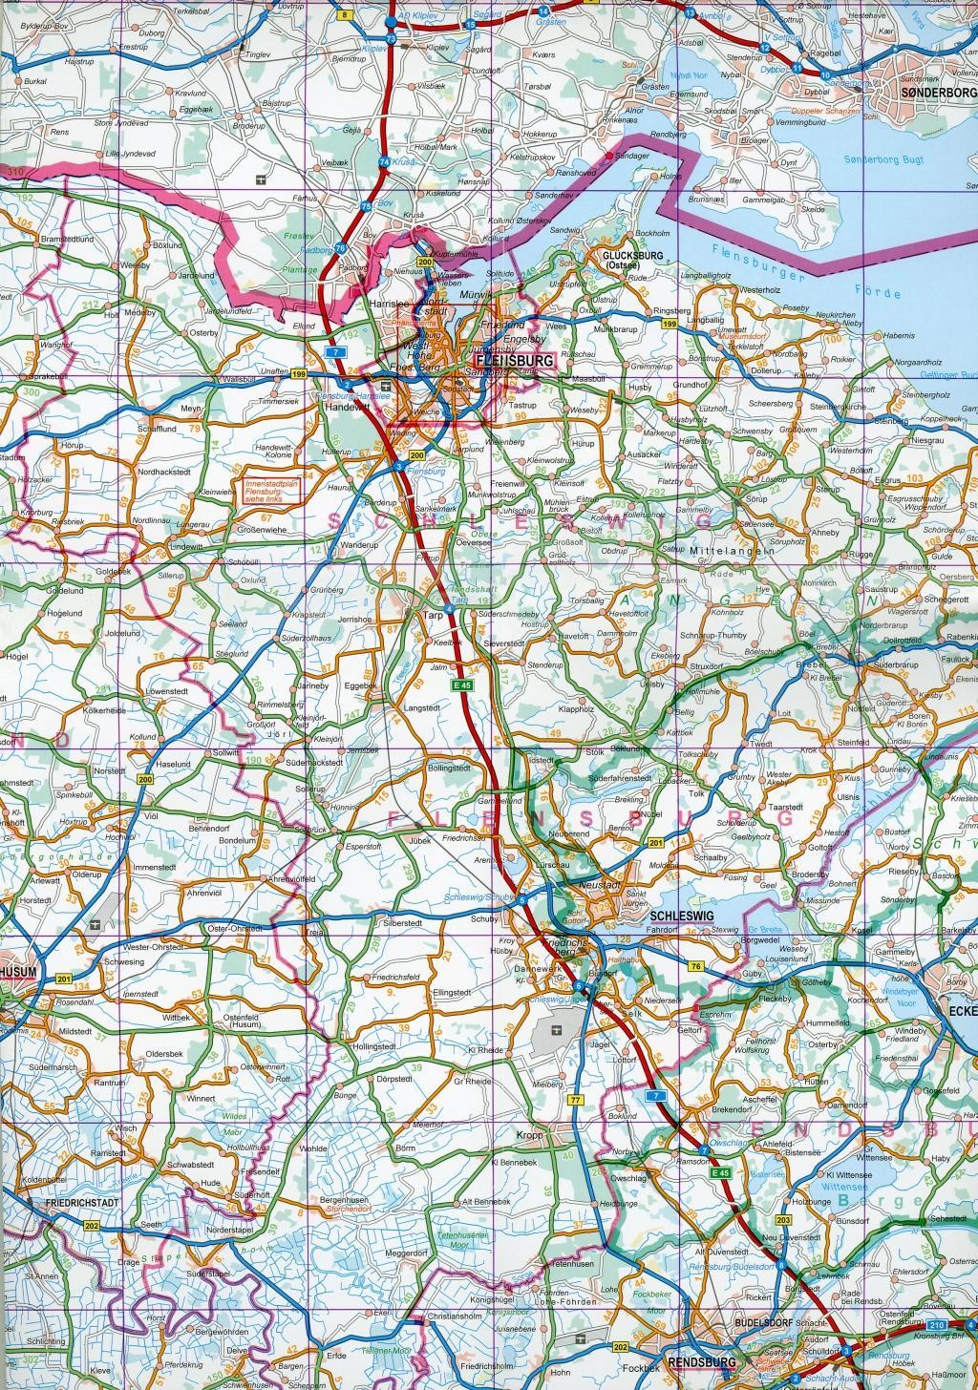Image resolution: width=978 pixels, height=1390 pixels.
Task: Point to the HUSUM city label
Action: [x=19, y=972]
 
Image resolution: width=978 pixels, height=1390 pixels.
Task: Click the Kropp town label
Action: [x=529, y=1135]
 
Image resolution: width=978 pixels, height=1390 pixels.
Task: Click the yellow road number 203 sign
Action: [x=784, y=1220]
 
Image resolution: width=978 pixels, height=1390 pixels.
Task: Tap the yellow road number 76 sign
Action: [x=695, y=967]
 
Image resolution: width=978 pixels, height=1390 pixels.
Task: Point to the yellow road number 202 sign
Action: [x=92, y=1225]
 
